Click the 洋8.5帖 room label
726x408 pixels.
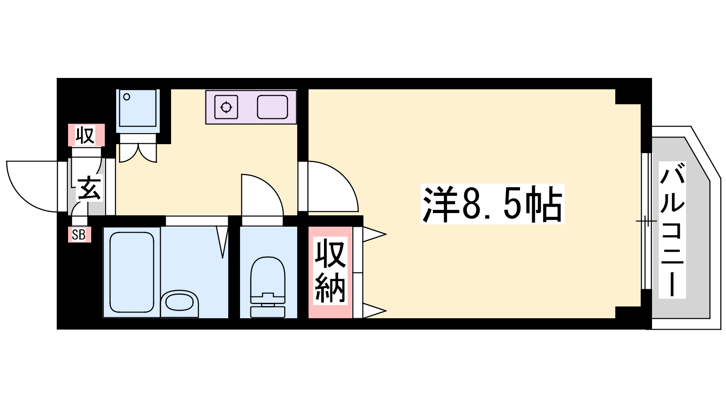click(492, 204)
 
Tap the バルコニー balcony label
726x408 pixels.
click(672, 230)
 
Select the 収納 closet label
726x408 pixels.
click(330, 271)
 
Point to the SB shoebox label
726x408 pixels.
click(79, 235)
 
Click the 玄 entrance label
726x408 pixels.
click(88, 188)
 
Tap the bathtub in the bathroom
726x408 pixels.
click(132, 272)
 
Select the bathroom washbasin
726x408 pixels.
click(179, 303)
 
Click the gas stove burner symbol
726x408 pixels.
click(226, 107)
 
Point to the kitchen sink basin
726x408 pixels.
click(273, 107)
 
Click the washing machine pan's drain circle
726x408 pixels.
click(127, 97)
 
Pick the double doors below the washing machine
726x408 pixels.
click(138, 153)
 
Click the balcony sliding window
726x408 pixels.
click(646, 221)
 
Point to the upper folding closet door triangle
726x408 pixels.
click(374, 234)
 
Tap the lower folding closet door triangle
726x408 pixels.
click(374, 311)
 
